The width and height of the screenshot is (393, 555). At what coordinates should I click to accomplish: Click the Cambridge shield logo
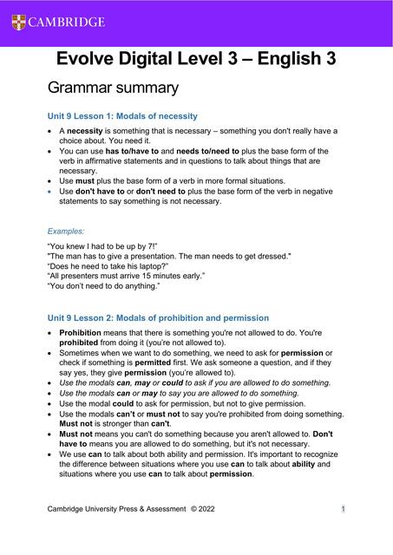tap(19, 22)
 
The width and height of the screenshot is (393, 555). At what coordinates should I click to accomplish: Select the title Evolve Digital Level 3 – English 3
tap(196, 58)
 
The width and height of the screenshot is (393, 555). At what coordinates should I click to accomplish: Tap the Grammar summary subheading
tap(113, 88)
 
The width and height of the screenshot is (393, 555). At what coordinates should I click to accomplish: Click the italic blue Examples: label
tap(66, 232)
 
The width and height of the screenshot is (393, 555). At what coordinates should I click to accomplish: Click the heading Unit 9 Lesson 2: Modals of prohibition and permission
tap(158, 318)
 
